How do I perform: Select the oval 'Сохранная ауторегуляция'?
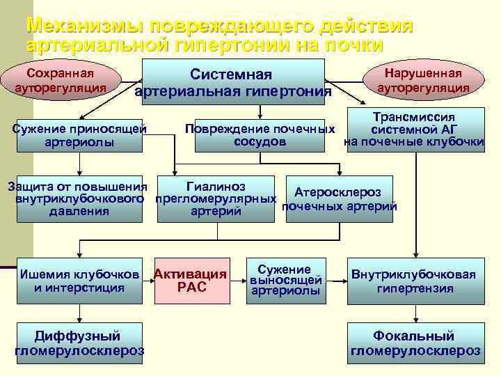pos(60,81)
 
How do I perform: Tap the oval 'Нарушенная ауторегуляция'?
pos(422,81)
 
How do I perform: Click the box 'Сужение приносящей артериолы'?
pos(80,136)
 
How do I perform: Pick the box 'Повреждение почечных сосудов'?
pos(260,136)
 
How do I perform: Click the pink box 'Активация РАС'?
pos(191,281)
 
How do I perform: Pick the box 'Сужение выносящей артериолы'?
pos(285,281)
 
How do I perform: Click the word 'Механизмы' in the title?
pos(90,26)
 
